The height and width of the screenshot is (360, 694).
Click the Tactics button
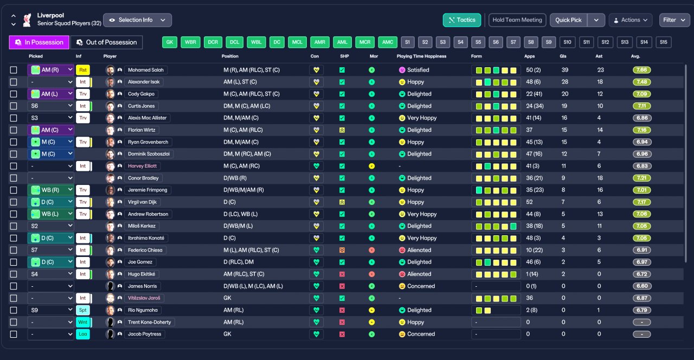(x=462, y=20)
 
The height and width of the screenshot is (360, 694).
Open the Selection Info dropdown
(x=137, y=20)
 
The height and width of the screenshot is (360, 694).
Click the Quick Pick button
(x=568, y=20)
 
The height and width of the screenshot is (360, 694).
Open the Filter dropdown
(x=674, y=20)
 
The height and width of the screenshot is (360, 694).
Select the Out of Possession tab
(x=107, y=42)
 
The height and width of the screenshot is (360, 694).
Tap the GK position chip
(x=170, y=42)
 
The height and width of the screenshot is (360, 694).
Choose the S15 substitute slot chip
(x=664, y=42)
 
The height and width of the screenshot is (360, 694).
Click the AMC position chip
(x=387, y=42)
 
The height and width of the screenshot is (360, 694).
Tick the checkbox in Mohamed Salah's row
(x=14, y=70)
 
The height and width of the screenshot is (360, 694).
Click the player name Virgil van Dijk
(x=142, y=202)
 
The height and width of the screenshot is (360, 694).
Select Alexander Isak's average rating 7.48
(x=642, y=82)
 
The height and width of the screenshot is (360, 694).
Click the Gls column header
(x=563, y=56)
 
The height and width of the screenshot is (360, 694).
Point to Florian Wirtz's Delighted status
(x=419, y=130)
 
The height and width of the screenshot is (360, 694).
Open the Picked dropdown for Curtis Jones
(x=50, y=106)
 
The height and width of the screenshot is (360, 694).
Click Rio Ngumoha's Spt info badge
(x=82, y=310)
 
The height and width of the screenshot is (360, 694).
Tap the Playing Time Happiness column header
(x=421, y=56)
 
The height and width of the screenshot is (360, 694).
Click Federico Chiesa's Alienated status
(x=419, y=250)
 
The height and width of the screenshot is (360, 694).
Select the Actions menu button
(x=630, y=20)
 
